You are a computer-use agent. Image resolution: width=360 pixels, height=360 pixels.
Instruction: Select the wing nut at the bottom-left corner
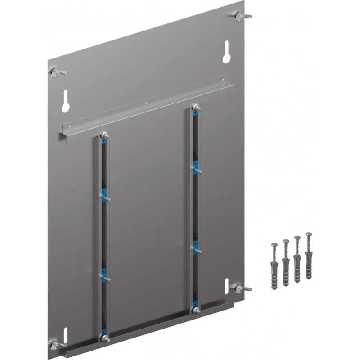[56, 345]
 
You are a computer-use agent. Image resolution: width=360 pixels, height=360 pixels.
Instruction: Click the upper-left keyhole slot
[66, 102]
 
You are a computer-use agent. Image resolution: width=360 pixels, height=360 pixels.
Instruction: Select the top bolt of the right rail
[196, 108]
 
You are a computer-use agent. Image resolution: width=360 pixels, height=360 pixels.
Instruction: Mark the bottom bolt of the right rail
[196, 310]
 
